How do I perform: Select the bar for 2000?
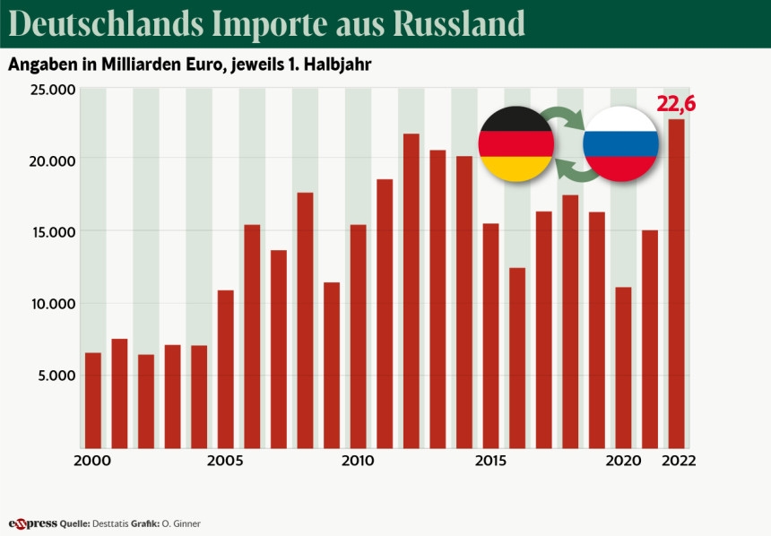pos(92,400)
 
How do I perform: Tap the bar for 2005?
pos(225,368)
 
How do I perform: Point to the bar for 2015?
pos(490,335)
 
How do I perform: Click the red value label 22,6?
pos(676,105)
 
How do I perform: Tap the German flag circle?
pos(515,143)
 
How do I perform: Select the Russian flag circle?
pos(620,143)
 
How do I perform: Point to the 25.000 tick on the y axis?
pos(50,90)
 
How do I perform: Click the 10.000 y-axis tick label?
pos(50,304)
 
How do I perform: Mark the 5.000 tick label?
pos(55,376)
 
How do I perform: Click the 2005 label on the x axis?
pos(225,461)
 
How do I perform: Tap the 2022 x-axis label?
pos(680,461)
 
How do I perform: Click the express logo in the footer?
pos(32,523)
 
